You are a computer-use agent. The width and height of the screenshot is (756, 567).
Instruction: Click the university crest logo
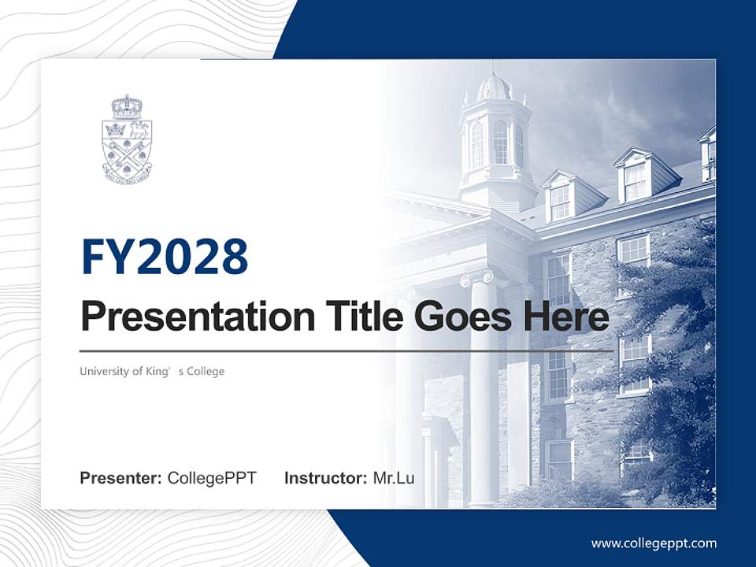(x=127, y=139)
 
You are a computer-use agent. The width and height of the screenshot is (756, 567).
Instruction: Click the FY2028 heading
(x=165, y=257)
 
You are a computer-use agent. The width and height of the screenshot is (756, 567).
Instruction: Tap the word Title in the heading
(x=358, y=317)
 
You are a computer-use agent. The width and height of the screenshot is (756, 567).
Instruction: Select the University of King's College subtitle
(x=152, y=371)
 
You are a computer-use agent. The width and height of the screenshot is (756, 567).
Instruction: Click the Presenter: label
(x=121, y=478)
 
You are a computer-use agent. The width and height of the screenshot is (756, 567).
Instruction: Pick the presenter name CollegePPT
(x=212, y=478)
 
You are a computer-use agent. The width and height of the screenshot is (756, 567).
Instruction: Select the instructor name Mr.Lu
(x=393, y=478)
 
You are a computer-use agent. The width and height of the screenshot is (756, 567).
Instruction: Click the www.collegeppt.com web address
(x=654, y=543)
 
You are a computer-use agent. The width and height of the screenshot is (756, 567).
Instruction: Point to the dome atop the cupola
(x=494, y=86)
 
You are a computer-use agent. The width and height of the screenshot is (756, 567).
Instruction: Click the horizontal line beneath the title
(x=346, y=350)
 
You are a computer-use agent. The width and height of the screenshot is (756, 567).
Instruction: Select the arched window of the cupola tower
(x=500, y=142)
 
